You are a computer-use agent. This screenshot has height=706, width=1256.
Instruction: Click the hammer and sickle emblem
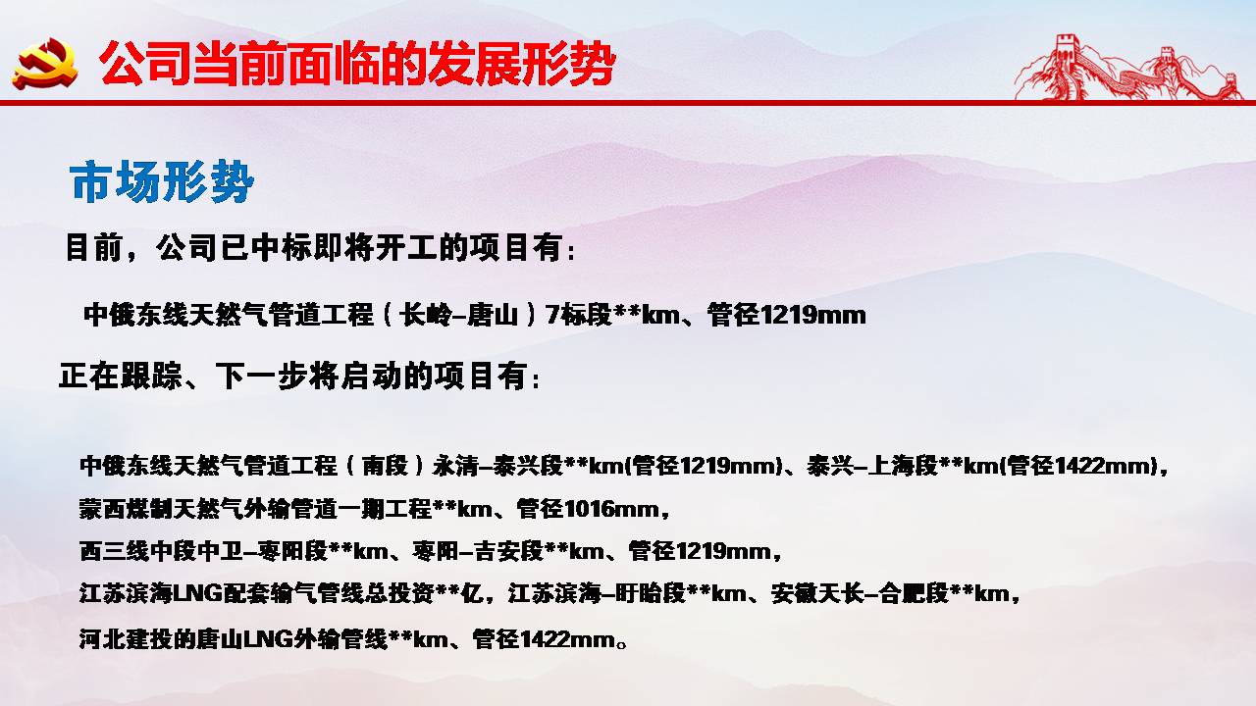[x=45, y=63]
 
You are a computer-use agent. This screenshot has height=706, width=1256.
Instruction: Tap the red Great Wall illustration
[x=1128, y=68]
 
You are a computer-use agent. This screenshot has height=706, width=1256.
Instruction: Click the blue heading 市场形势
[x=162, y=181]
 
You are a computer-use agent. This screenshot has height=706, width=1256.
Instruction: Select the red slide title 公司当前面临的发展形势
[x=358, y=63]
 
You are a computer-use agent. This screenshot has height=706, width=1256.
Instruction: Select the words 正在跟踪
[x=120, y=376]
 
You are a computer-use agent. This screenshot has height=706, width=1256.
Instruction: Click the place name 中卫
[x=221, y=551]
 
